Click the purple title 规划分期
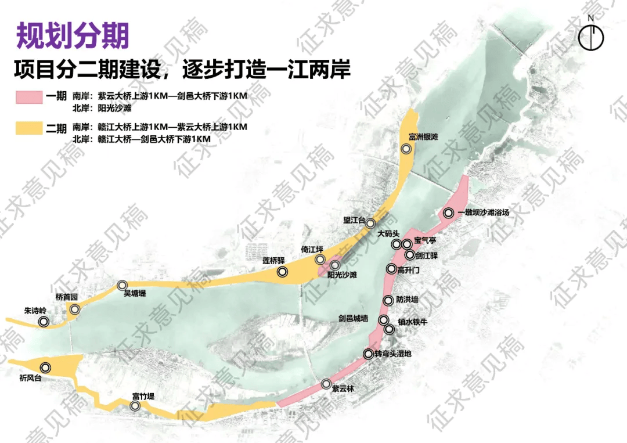click(x=73, y=36)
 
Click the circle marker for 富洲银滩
click(x=407, y=149)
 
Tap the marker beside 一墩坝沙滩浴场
click(x=449, y=213)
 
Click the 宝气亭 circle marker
click(x=407, y=244)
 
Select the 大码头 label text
click(x=388, y=233)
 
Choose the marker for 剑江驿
click(x=410, y=255)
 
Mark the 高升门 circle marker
click(x=391, y=269)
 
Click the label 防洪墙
click(x=407, y=300)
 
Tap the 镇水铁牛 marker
click(x=389, y=329)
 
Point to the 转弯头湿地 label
click(x=393, y=354)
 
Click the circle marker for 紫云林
click(x=326, y=384)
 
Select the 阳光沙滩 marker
click(x=335, y=265)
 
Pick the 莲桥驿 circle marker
click(x=283, y=272)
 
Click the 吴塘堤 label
click(x=135, y=294)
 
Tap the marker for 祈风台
click(x=45, y=367)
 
